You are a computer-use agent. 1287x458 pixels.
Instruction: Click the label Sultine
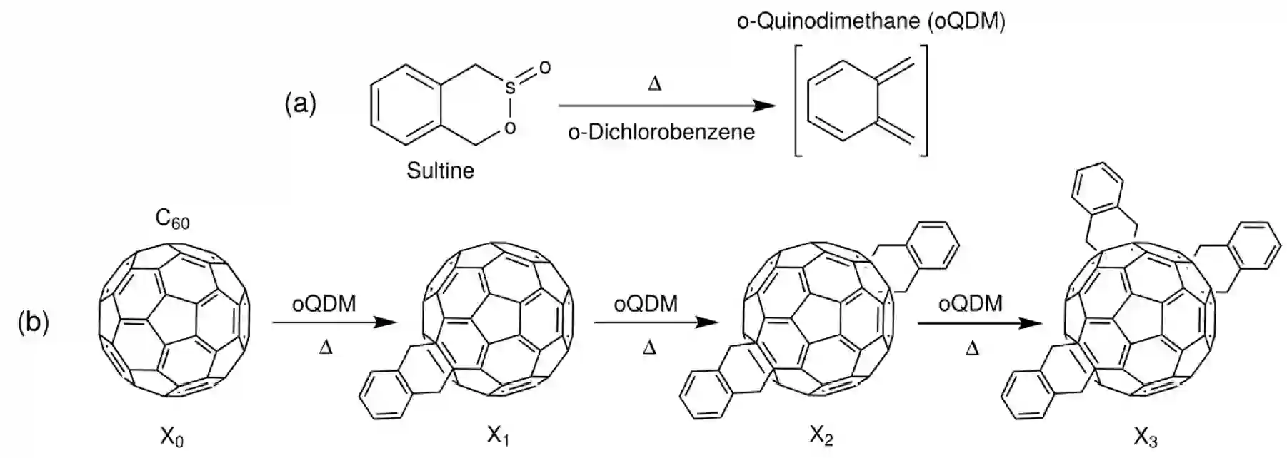click(x=440, y=171)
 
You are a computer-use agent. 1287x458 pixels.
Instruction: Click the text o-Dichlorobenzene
click(x=661, y=132)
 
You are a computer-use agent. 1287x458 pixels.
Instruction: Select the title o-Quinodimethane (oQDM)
click(x=871, y=21)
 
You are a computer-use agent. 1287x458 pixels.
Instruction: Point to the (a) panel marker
click(x=300, y=104)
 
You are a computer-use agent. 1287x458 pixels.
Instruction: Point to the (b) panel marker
click(x=34, y=322)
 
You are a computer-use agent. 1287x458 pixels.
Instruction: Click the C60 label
click(x=172, y=220)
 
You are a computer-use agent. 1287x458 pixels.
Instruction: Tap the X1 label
click(x=498, y=435)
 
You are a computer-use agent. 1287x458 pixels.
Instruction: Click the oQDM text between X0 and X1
click(x=324, y=304)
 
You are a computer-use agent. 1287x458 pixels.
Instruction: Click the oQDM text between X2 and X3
click(x=970, y=303)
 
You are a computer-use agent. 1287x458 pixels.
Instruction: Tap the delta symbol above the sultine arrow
click(x=654, y=84)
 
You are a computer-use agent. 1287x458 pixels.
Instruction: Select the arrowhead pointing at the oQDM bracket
click(x=766, y=106)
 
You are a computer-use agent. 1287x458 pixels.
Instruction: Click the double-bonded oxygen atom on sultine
click(x=544, y=68)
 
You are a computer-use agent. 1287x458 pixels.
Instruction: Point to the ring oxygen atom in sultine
click(x=509, y=128)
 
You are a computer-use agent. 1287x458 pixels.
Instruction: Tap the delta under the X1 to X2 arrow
click(x=648, y=348)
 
